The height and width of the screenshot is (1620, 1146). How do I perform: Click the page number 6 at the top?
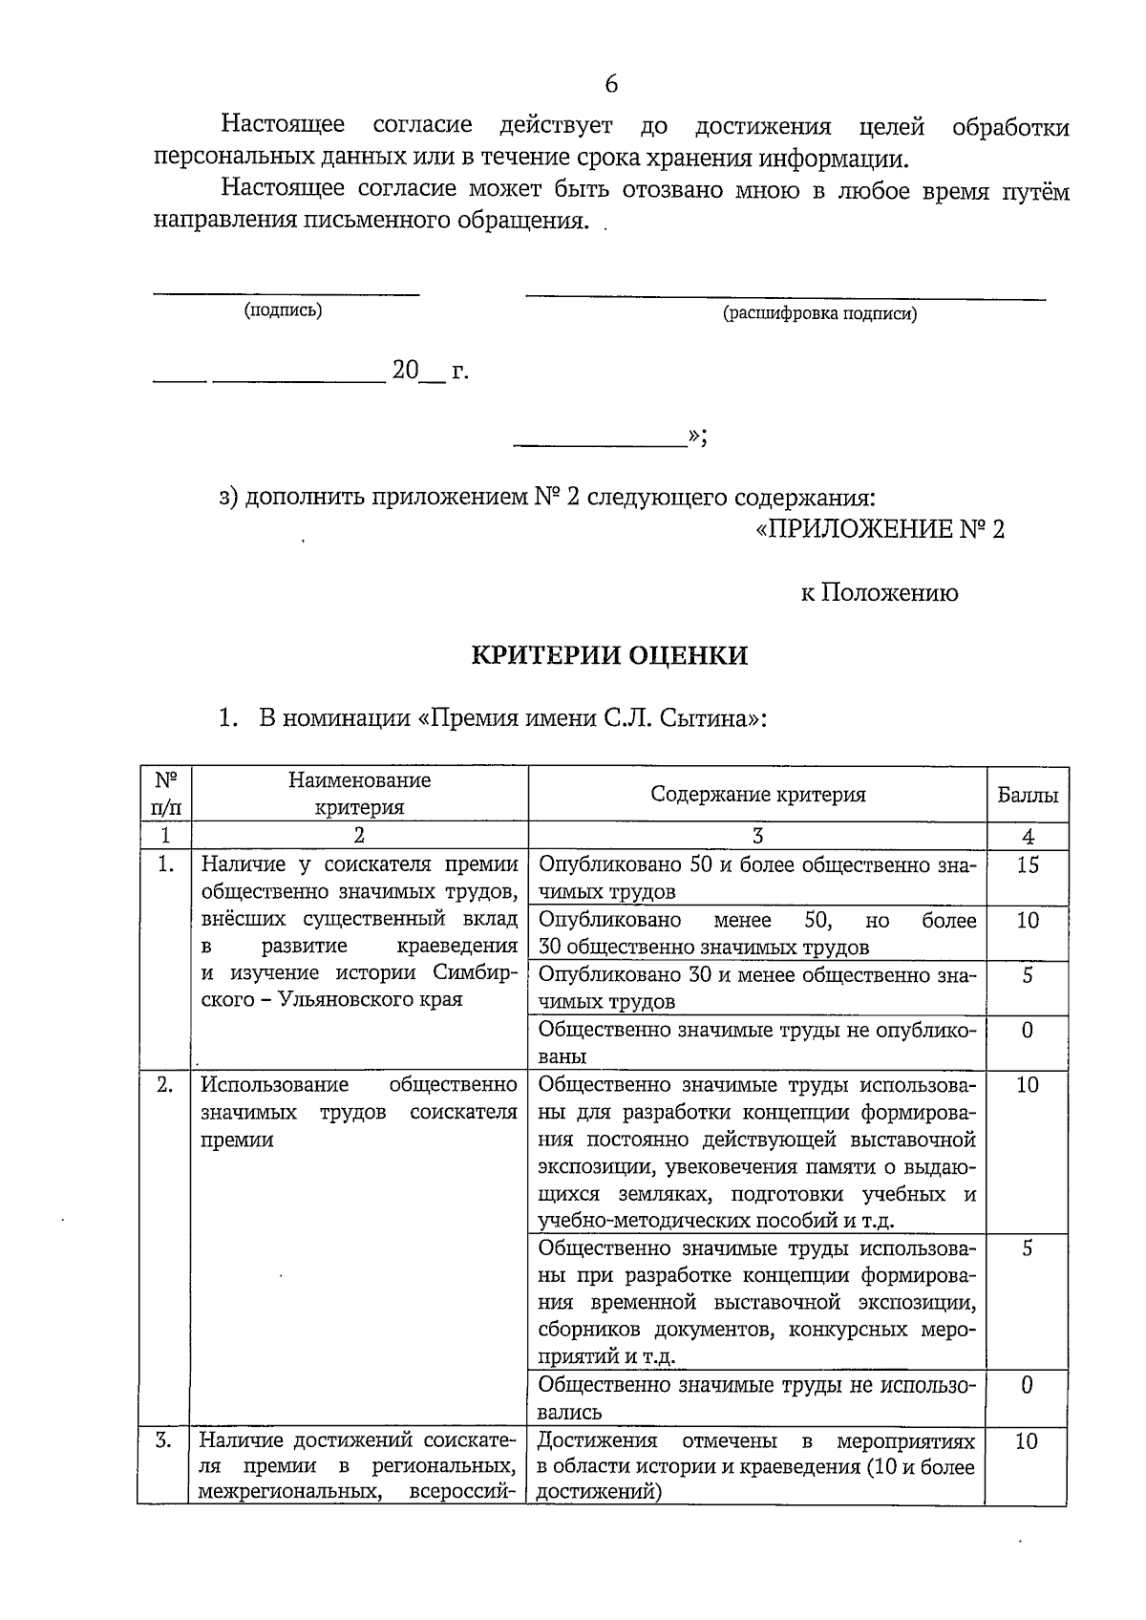(x=611, y=84)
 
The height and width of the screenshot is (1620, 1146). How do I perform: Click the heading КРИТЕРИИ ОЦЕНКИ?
(x=610, y=655)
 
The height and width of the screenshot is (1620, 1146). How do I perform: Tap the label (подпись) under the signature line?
(x=283, y=310)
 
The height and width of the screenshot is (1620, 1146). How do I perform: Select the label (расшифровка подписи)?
(x=819, y=313)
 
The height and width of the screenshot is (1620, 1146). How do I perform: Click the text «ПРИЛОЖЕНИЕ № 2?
(x=880, y=529)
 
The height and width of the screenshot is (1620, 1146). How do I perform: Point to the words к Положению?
(x=879, y=593)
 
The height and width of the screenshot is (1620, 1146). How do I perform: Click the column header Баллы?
(x=1028, y=795)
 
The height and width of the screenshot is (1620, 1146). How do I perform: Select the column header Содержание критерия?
(x=757, y=795)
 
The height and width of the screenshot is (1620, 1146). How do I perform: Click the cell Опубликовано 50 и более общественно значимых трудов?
(x=757, y=878)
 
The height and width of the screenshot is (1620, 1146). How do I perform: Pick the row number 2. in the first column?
(x=165, y=1085)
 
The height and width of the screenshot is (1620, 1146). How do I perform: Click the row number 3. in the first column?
(x=164, y=1441)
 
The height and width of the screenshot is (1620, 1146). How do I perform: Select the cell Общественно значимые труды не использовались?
(x=757, y=1398)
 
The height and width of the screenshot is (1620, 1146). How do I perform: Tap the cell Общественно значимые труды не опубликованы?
(x=757, y=1043)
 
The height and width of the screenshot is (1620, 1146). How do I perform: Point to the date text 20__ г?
(x=430, y=371)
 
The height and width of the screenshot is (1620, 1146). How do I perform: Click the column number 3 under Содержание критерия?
(x=757, y=837)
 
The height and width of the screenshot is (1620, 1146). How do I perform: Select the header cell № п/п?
(x=165, y=794)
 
